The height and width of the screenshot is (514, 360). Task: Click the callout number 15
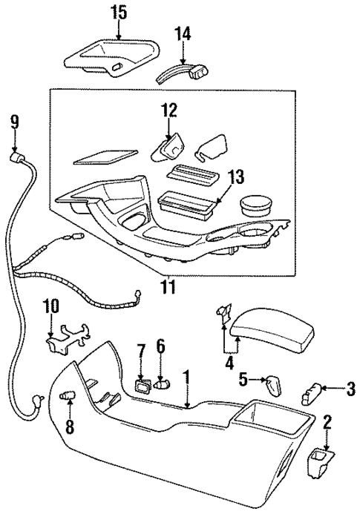pos(119,12)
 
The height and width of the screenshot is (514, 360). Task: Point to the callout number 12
pos(169,111)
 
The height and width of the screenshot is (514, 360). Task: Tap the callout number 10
pos(50,306)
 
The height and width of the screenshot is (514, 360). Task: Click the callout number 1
pos(187,378)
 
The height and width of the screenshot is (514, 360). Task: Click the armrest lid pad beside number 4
pos(271,332)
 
